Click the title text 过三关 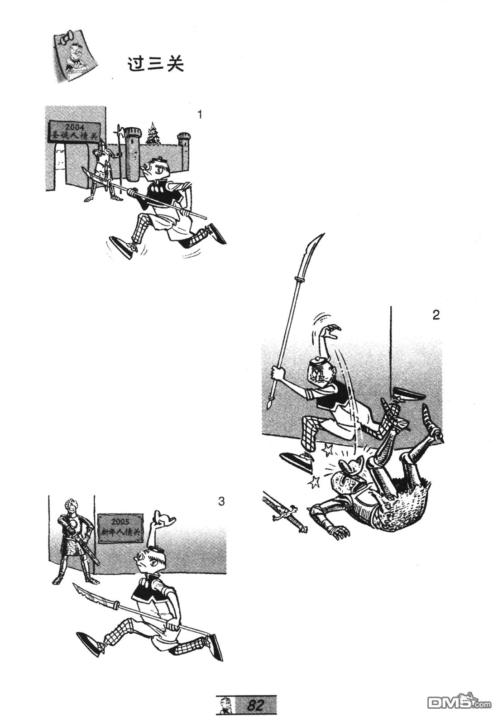pos(155,65)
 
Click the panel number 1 pos(200,115)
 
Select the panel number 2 pos(436,315)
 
